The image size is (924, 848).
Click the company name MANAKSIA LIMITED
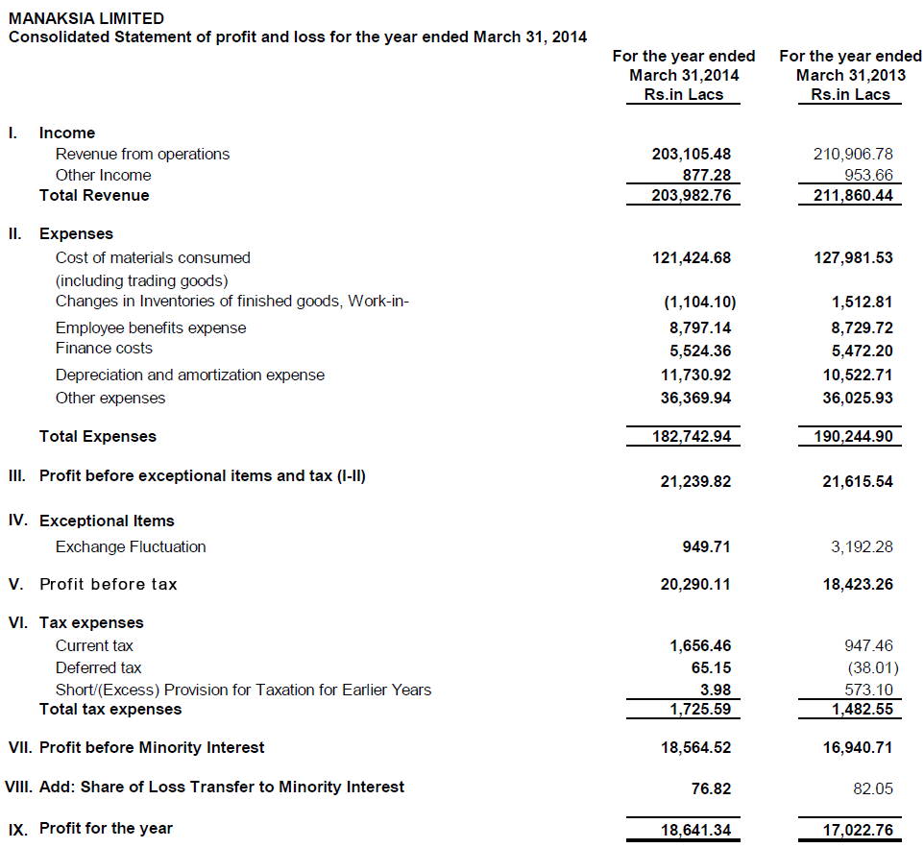coord(85,18)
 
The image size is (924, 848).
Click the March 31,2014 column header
coord(683,75)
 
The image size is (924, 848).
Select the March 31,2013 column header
coord(850,75)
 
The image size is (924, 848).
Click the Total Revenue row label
coord(94,195)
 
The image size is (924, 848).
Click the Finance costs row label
coord(104,348)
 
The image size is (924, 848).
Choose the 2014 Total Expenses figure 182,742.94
coord(683,436)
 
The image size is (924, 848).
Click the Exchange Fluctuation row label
coord(131,546)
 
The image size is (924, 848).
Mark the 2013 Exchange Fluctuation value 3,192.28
coord(862,546)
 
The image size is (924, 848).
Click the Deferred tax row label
coord(98,667)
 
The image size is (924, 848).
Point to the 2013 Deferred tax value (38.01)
coord(872,667)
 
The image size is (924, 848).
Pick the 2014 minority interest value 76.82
coord(711,788)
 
